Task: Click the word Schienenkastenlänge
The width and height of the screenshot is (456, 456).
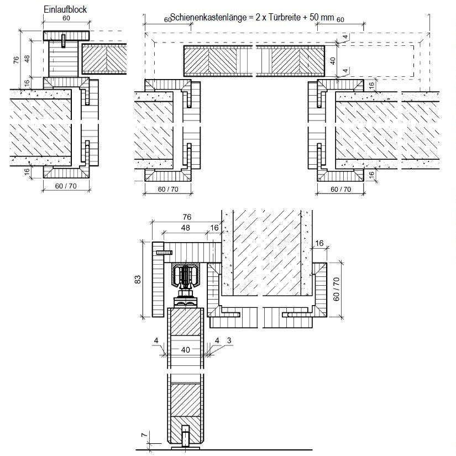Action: tap(207, 17)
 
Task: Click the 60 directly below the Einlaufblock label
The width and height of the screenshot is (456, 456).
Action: tap(66, 18)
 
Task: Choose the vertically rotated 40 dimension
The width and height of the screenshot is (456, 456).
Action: tap(333, 61)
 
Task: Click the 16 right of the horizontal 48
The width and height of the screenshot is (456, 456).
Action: tap(214, 227)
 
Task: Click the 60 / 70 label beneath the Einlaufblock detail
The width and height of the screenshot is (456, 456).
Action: tap(66, 187)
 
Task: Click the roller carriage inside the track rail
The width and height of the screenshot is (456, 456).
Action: tap(186, 276)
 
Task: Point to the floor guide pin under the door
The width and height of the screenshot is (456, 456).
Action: tap(186, 434)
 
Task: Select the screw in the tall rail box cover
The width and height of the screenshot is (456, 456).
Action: tap(164, 252)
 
